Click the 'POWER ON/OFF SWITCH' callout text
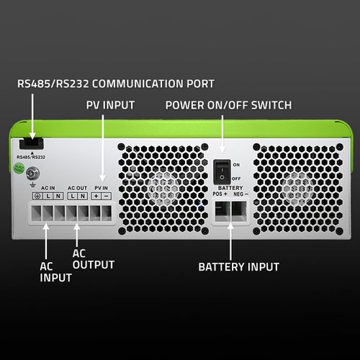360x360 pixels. click(228, 105)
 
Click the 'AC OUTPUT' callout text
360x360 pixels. click(94, 259)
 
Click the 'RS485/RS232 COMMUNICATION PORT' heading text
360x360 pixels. click(115, 83)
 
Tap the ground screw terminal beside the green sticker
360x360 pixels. click(32, 174)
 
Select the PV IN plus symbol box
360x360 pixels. click(96, 197)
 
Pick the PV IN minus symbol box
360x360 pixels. click(107, 197)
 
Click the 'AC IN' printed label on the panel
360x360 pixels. click(48, 188)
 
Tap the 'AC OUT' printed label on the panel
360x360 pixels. click(77, 188)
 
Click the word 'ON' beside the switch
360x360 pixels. click(236, 165)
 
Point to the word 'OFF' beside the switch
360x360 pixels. click(236, 178)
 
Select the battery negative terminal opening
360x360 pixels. click(238, 210)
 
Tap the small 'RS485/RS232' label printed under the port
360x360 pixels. click(30, 156)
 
